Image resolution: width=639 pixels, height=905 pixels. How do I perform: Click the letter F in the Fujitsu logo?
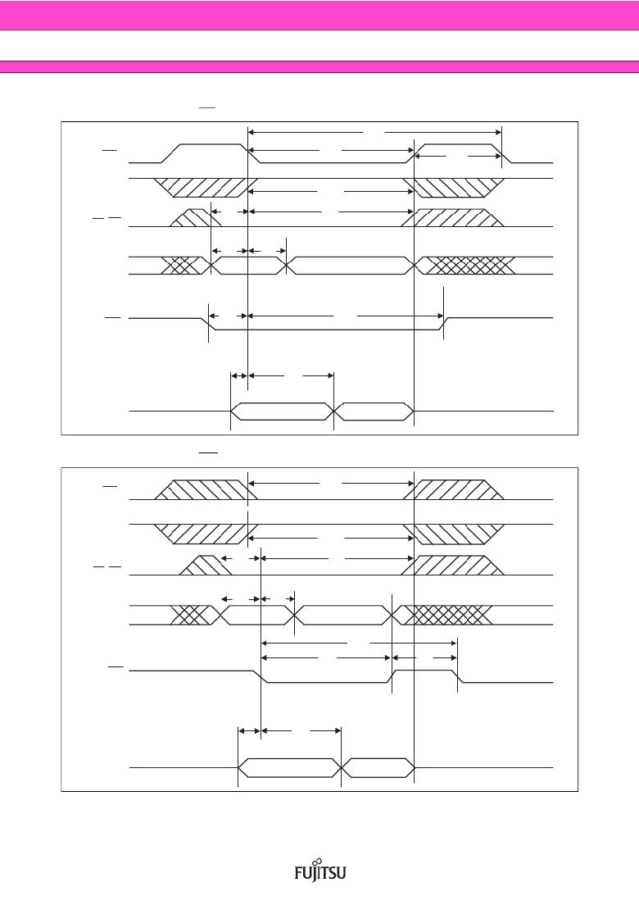299,872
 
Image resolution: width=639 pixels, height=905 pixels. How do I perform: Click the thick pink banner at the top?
319,15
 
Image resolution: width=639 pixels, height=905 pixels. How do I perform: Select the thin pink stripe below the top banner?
319,67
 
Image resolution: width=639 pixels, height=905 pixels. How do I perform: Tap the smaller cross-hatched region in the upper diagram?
184,266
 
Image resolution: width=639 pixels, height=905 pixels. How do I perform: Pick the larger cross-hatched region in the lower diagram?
446,616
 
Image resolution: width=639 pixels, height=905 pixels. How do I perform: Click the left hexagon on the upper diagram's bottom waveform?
282,412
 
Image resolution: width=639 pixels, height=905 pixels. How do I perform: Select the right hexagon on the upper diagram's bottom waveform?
374,412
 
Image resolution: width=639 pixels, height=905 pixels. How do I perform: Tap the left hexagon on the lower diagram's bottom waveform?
289,768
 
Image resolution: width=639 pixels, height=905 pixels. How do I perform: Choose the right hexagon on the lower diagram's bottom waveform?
378,768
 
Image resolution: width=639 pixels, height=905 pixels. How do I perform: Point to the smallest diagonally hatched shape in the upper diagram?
189,217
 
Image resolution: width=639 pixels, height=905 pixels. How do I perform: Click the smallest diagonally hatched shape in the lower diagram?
206,565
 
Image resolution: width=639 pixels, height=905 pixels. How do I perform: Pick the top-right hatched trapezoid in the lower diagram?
453,489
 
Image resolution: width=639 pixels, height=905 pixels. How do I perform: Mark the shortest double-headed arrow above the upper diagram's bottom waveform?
238,375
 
